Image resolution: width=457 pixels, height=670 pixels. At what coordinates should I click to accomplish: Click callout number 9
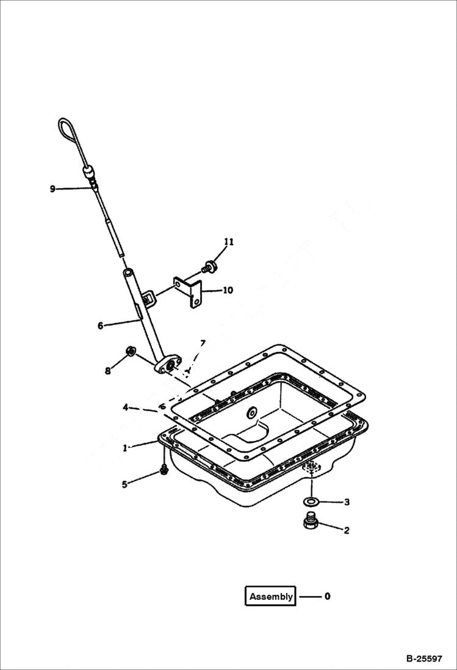[x=52, y=189]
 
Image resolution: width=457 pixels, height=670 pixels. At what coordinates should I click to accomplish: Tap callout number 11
[x=228, y=242]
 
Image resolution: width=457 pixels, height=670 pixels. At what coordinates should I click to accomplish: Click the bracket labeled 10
[x=190, y=292]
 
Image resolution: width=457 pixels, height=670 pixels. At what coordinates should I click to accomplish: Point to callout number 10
[x=228, y=290]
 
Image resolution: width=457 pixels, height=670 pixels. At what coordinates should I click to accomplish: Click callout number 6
[x=101, y=326]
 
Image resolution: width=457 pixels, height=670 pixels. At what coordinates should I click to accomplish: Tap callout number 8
[x=108, y=370]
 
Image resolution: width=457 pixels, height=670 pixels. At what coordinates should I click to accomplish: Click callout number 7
[x=203, y=343]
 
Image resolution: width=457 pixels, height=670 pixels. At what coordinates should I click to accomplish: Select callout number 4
[x=125, y=407]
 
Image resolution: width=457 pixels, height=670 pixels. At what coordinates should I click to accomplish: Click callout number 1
[x=125, y=447]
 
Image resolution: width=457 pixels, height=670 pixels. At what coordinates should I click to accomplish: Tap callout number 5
[x=125, y=484]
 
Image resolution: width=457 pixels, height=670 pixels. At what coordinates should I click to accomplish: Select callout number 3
[x=347, y=502]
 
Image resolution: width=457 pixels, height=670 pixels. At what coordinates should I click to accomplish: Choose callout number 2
[x=347, y=530]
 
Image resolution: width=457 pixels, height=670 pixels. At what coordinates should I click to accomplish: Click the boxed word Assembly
[x=271, y=596]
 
